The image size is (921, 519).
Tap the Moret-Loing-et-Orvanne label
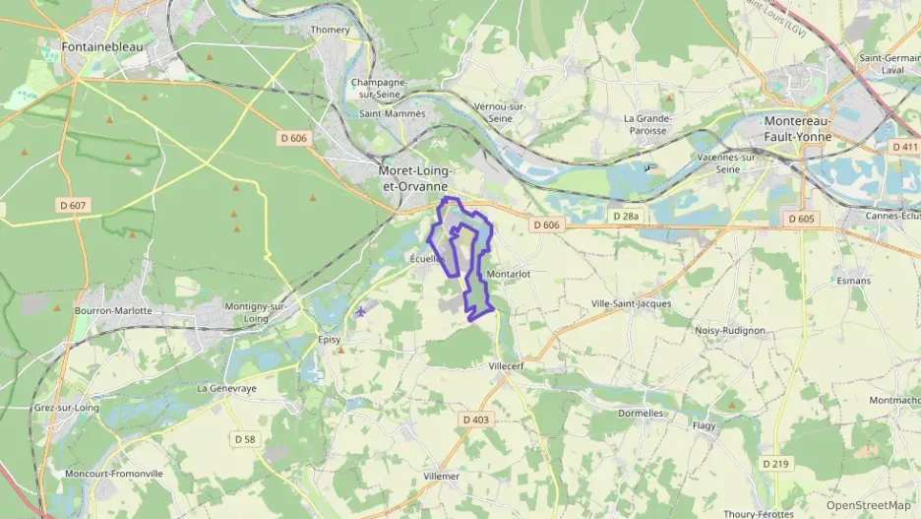415,177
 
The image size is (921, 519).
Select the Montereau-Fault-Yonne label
798,129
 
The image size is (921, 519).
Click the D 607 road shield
72,205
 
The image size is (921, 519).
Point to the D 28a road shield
625,216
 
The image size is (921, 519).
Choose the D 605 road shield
802,218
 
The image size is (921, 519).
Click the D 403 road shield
475,420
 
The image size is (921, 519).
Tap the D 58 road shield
245,437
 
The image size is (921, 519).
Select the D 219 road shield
776,463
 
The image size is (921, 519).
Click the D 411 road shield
904,146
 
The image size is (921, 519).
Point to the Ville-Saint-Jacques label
631,304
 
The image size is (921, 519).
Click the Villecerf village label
509,365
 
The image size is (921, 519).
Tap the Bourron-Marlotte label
113,310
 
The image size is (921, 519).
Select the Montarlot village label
509,274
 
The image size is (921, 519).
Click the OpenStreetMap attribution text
869,505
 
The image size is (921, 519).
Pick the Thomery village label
331,30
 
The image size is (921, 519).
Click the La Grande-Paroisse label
646,124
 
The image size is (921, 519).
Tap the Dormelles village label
641,414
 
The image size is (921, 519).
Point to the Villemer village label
440,476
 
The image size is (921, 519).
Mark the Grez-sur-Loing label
66,407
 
